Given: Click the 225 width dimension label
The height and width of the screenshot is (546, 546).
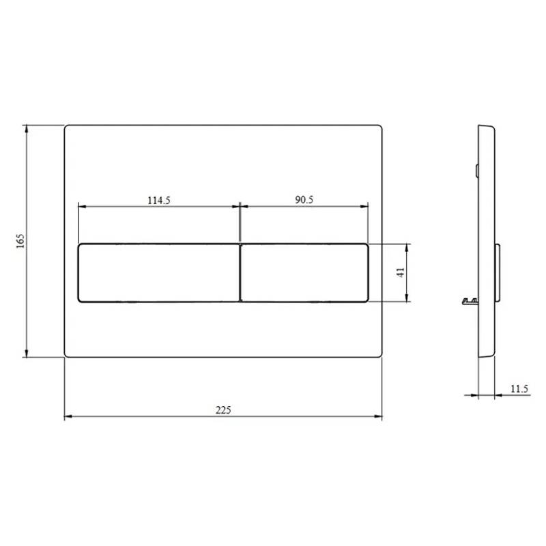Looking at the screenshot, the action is point(223,410).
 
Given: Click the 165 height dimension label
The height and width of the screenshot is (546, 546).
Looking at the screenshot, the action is point(20,241).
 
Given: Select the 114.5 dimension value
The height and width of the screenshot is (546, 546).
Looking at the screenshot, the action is point(159,200).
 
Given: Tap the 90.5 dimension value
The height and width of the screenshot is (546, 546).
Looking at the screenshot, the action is point(304,199).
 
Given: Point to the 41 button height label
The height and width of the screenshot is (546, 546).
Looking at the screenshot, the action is point(401,272).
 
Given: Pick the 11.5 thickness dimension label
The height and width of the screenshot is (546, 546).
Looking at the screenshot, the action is point(519,388).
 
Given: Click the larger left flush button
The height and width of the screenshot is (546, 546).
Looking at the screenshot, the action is point(159,272).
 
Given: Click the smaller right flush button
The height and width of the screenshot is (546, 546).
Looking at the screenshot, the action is point(304,272).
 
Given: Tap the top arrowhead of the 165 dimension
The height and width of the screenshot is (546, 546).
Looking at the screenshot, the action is point(26,129).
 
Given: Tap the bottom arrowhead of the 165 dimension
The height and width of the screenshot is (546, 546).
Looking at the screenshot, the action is point(26,353).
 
